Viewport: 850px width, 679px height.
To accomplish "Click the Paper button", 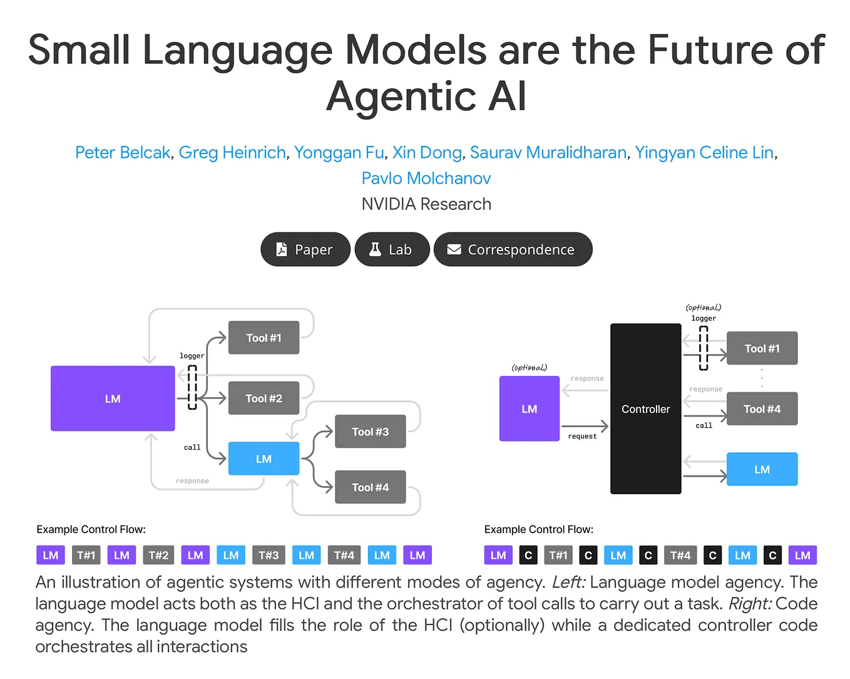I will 305,249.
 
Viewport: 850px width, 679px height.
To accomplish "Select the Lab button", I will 392,249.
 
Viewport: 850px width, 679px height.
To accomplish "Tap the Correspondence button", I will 513,249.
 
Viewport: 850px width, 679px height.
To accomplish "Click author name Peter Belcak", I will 123,152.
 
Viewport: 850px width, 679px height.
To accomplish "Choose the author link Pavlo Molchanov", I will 426,179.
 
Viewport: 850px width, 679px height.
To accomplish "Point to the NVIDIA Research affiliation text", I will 426,204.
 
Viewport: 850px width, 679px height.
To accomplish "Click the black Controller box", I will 645,409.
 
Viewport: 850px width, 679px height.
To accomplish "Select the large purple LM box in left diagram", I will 113,399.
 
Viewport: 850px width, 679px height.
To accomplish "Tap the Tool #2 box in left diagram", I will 264,398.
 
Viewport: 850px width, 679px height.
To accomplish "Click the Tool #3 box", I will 370,432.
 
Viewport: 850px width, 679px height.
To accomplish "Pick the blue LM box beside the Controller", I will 762,469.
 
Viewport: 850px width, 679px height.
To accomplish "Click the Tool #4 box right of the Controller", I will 762,409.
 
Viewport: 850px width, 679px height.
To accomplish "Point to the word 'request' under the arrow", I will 582,437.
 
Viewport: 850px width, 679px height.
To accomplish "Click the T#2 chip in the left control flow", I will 158,556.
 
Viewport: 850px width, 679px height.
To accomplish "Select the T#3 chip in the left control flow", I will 269,556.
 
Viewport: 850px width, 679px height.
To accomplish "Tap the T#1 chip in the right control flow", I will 558,556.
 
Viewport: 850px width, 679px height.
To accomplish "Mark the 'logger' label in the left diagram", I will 192,356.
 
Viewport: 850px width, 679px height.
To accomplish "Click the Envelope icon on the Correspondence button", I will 454,249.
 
